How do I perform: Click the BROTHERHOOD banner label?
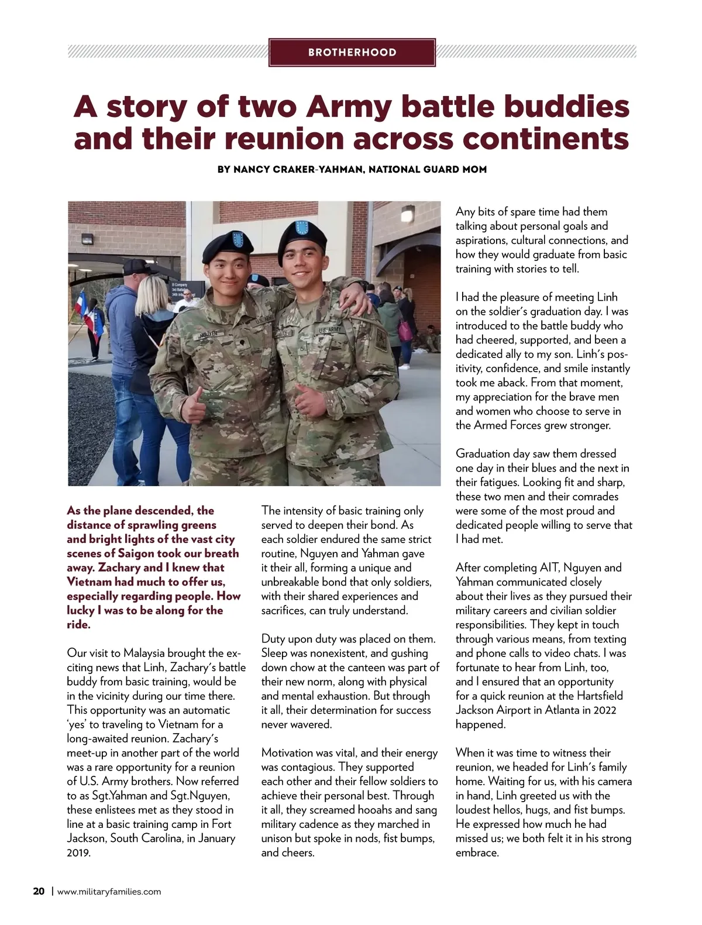coord(352,53)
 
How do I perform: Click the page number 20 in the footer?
coord(39,892)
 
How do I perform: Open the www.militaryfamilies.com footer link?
coord(109,892)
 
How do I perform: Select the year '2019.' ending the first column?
coord(79,852)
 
